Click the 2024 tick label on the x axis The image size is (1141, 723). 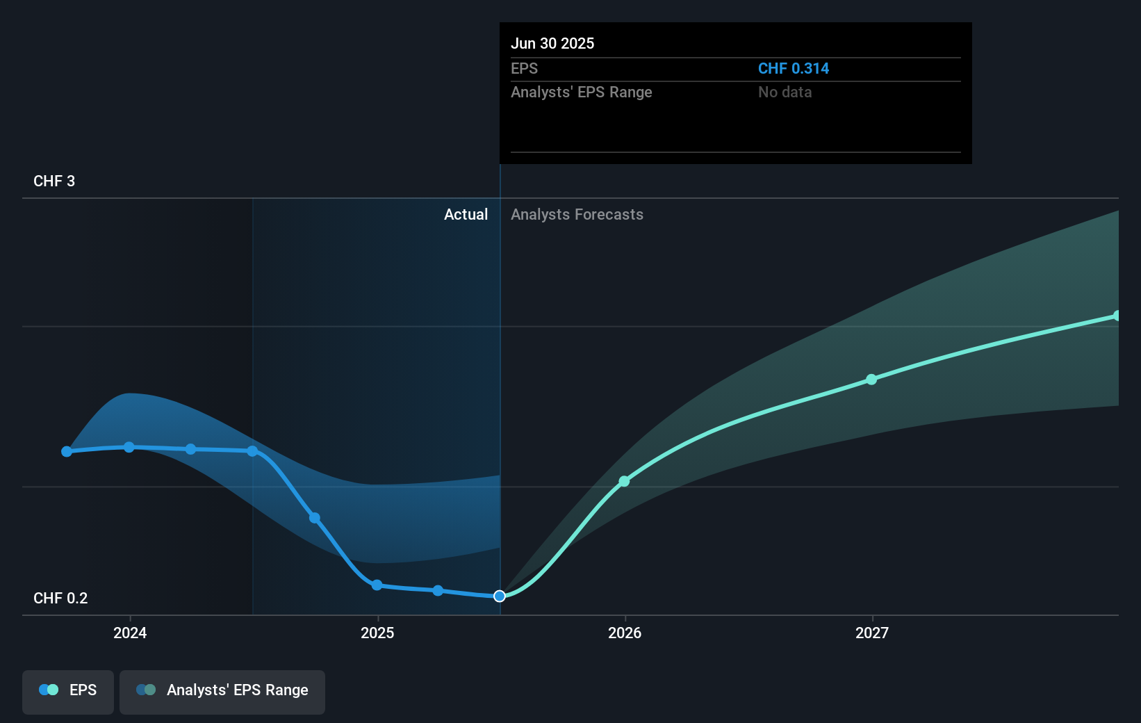(130, 633)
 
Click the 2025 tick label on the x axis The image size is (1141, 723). (377, 633)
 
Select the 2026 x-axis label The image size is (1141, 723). (625, 633)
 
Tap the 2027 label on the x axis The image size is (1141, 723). (872, 633)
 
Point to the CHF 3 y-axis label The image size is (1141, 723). (54, 181)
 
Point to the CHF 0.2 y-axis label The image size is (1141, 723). (60, 599)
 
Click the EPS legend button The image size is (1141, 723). (68, 690)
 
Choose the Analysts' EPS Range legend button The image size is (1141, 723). (222, 690)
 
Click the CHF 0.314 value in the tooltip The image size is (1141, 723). (793, 69)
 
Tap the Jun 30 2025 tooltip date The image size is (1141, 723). (552, 44)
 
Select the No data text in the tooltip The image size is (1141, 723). (785, 92)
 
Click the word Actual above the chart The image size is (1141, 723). (466, 215)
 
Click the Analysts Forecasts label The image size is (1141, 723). (577, 215)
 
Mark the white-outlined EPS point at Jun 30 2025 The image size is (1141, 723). (500, 596)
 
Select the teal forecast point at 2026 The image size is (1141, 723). (624, 481)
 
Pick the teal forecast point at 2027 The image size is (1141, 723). (871, 380)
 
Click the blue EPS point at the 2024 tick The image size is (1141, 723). (129, 447)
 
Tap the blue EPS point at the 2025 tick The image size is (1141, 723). (377, 585)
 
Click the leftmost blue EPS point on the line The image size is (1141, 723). (67, 452)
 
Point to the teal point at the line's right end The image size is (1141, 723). (1117, 316)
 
